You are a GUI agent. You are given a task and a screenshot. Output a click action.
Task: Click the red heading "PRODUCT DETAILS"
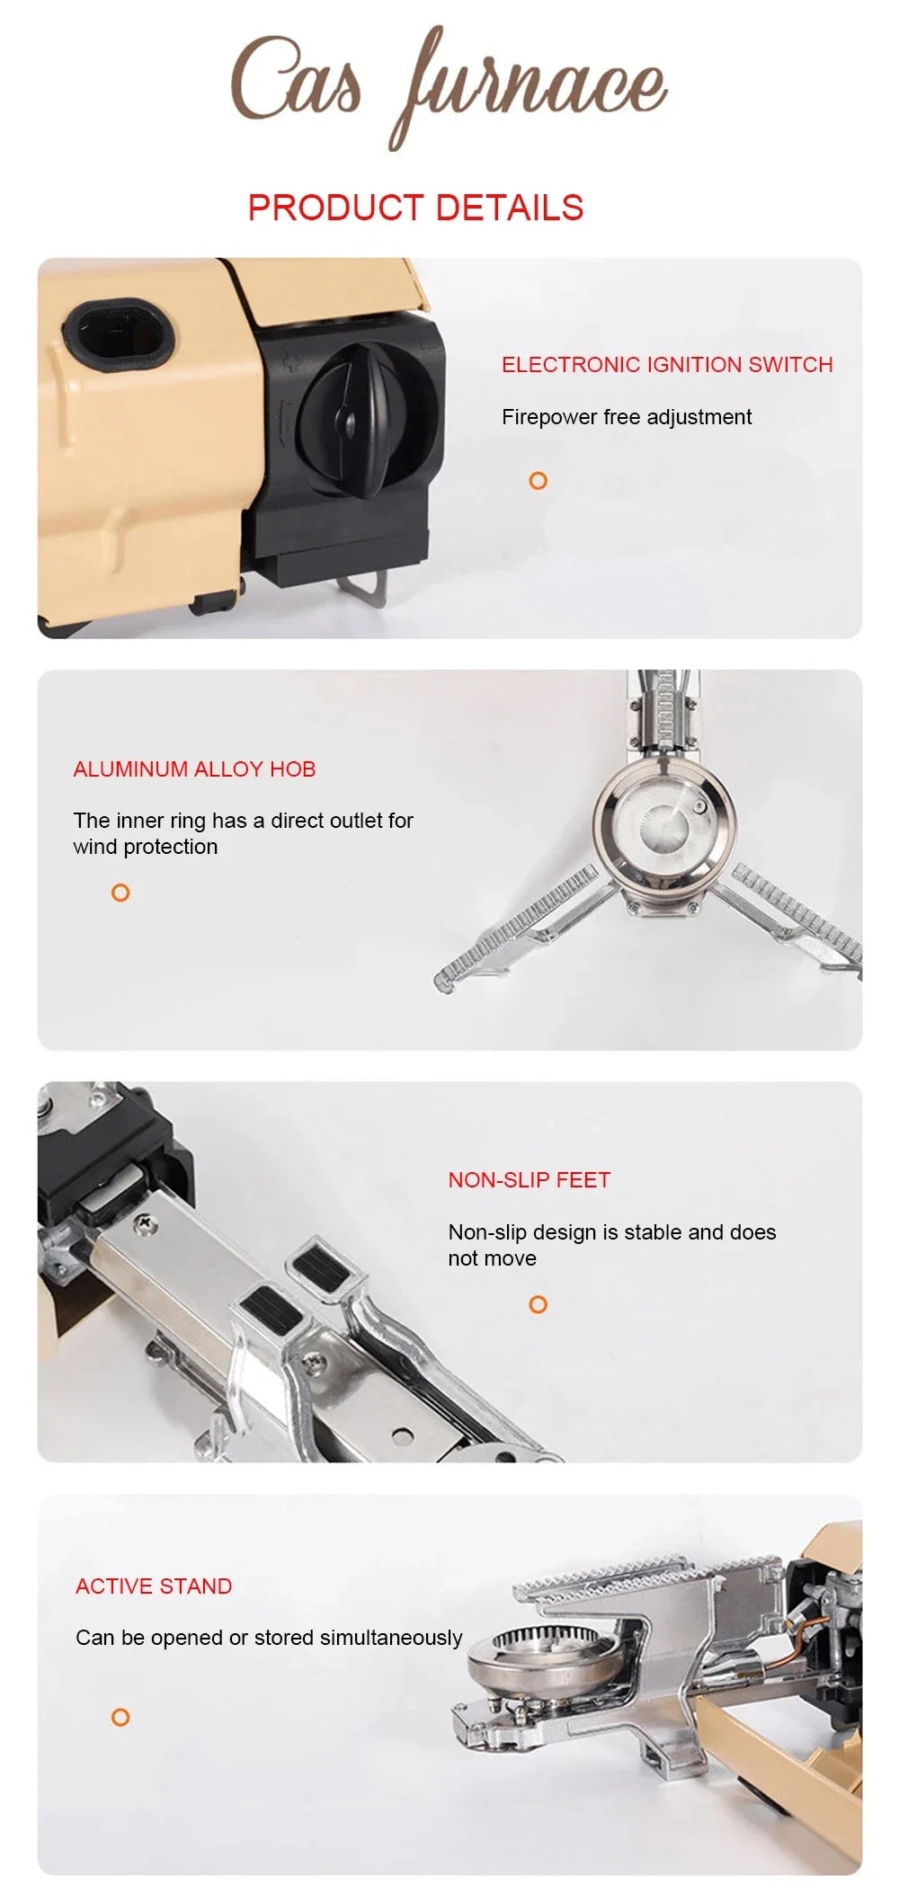click(415, 208)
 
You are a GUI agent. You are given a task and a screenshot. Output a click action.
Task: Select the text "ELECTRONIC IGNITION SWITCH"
click(667, 365)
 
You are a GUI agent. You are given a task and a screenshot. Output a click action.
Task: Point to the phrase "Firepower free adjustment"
click(627, 417)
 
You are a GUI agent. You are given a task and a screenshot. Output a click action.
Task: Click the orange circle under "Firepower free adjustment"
click(538, 481)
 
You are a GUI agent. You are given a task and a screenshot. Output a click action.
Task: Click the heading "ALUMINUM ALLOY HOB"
click(194, 769)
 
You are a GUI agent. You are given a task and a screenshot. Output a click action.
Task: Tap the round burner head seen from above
click(663, 817)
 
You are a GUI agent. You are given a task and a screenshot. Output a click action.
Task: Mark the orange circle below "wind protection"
click(120, 893)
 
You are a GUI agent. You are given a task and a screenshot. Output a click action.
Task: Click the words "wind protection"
click(146, 847)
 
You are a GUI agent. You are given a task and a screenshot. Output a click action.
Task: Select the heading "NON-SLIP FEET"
click(529, 1180)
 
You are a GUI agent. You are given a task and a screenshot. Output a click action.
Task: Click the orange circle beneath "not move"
click(538, 1304)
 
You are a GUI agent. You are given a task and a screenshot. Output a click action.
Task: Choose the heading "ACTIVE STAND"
click(154, 1586)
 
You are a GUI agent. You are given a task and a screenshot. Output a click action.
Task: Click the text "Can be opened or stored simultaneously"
click(269, 1638)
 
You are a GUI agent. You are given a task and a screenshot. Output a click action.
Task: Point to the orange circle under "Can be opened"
click(120, 1718)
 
